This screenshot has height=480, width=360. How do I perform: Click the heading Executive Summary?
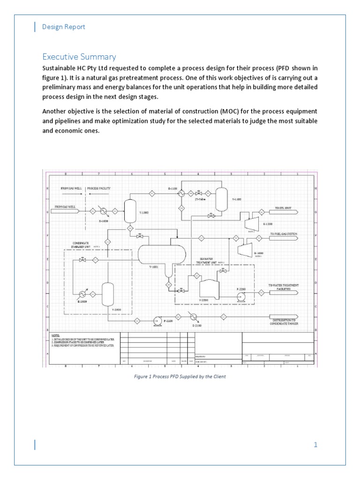(x=79, y=57)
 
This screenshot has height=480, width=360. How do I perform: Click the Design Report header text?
(x=64, y=27)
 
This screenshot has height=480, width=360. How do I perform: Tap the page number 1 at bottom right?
(x=316, y=445)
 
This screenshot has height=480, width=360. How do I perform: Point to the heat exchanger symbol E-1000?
(x=103, y=210)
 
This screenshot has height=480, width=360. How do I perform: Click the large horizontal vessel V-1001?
(x=161, y=254)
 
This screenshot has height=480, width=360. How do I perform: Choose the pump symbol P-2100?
(x=157, y=320)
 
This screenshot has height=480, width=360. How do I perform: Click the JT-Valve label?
(x=201, y=199)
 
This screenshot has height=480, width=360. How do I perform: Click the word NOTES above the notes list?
(x=56, y=336)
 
